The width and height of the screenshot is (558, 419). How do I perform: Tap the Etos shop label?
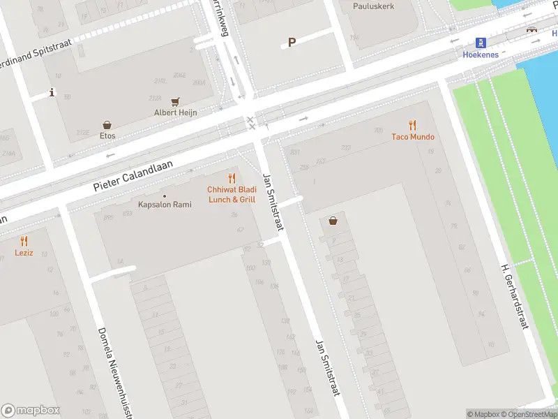point(107,135)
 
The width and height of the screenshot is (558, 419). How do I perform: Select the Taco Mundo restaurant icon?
point(412,126)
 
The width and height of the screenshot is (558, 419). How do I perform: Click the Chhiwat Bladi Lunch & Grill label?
point(232,194)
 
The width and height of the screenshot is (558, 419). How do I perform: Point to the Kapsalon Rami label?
point(165,205)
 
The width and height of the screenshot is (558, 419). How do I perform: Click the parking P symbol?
point(292,42)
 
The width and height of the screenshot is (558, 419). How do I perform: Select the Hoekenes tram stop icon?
point(481,42)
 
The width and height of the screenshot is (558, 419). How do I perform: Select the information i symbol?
point(52,92)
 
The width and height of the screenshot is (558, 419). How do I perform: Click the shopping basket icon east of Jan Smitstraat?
point(333,221)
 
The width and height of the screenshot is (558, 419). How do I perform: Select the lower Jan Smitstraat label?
point(326,367)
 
